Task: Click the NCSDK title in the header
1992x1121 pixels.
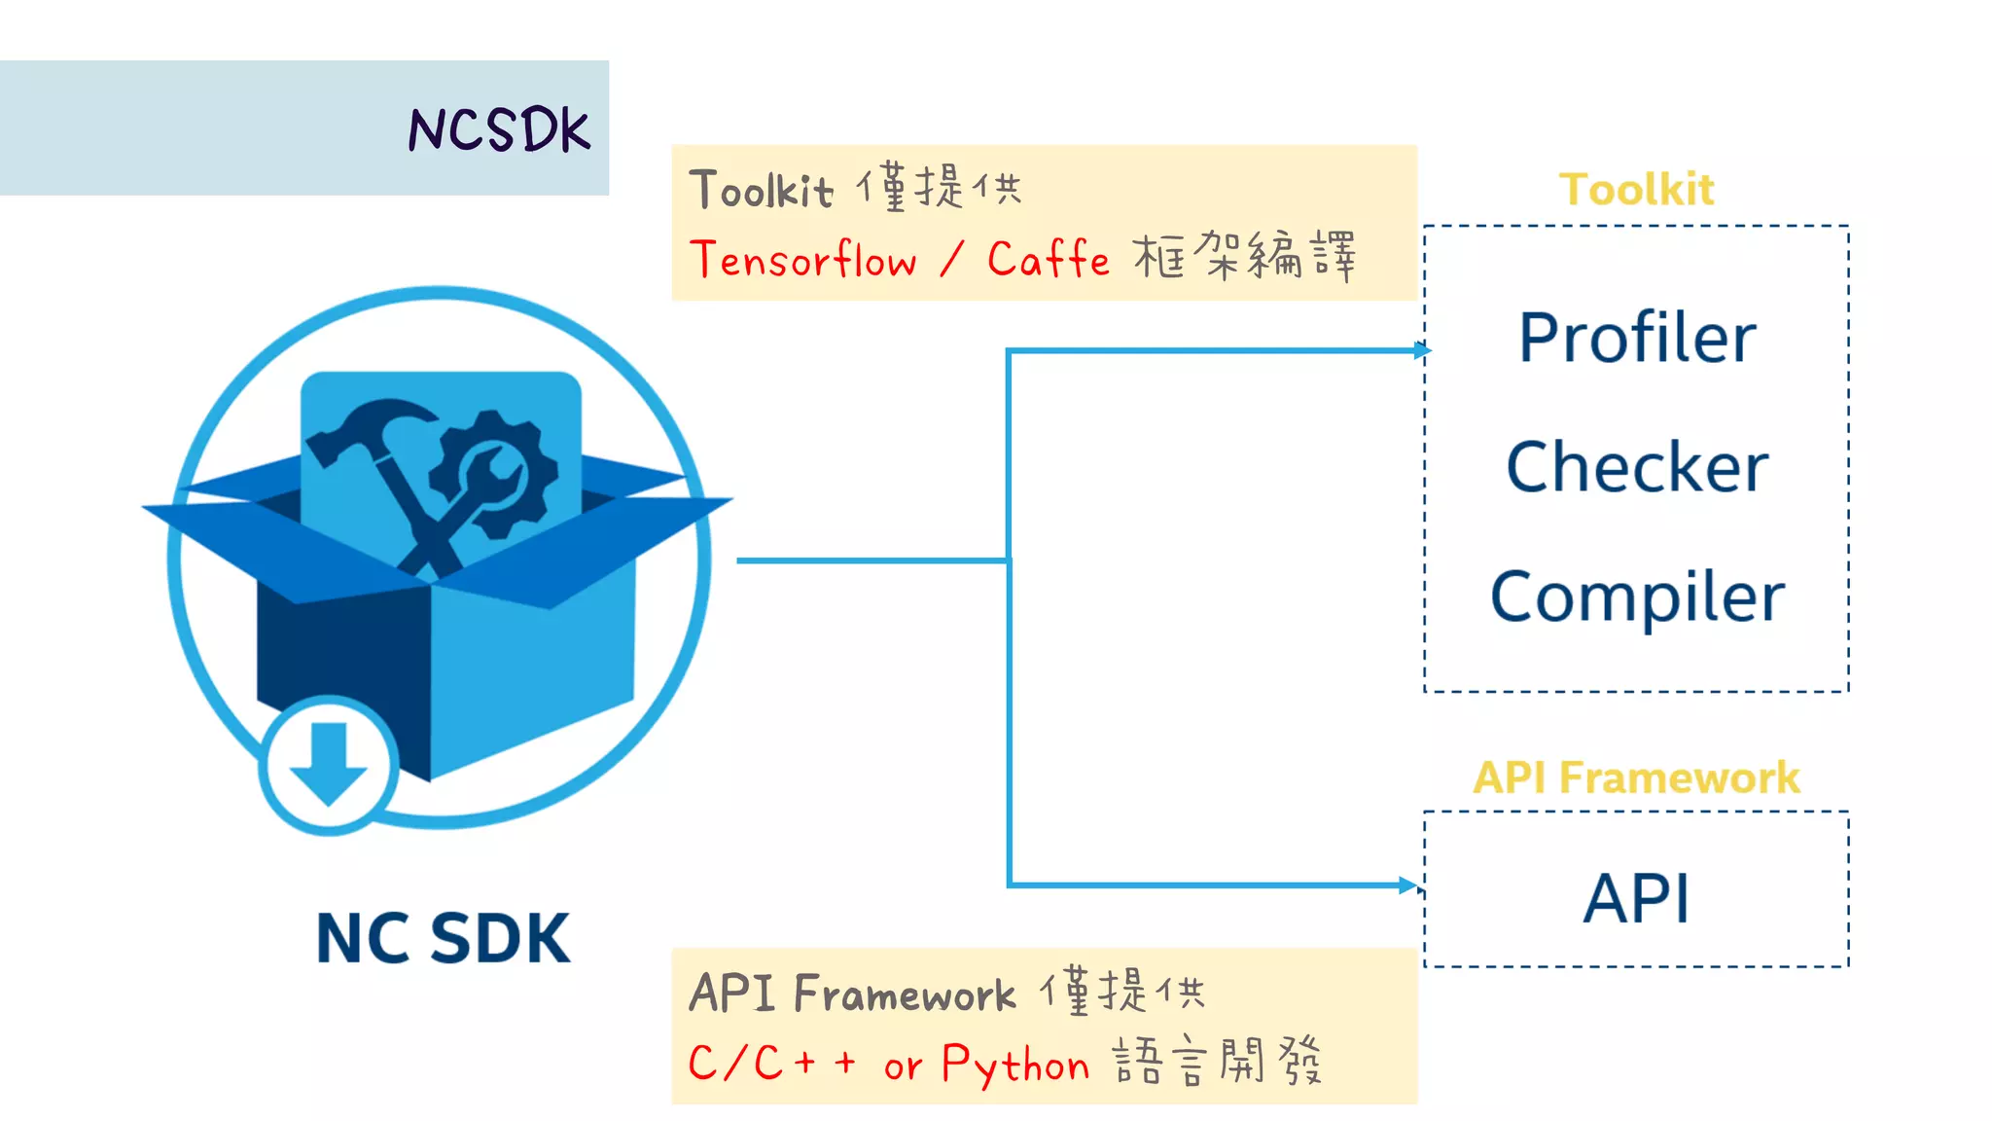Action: coord(498,129)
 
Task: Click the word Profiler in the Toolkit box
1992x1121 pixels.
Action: coord(1637,339)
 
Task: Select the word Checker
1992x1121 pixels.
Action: coord(1637,467)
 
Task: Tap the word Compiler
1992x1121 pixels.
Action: coord(1637,597)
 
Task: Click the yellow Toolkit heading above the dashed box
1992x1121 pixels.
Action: coord(1636,189)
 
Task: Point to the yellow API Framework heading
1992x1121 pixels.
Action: coord(1636,777)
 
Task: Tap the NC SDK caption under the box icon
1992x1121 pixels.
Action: coord(443,938)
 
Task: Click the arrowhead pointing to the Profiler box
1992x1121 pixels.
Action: coord(1422,350)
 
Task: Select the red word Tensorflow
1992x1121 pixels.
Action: coord(803,260)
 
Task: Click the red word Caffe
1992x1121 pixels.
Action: coord(1048,260)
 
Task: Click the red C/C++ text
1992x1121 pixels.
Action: coord(771,1062)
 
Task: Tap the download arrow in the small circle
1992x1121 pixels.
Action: coord(328,765)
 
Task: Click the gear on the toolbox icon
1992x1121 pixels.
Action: coord(494,473)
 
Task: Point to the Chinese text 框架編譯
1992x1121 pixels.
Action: coord(1244,258)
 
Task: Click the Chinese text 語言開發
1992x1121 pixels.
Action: coord(1217,1061)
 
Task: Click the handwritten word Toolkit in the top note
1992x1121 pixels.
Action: coord(761,190)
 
